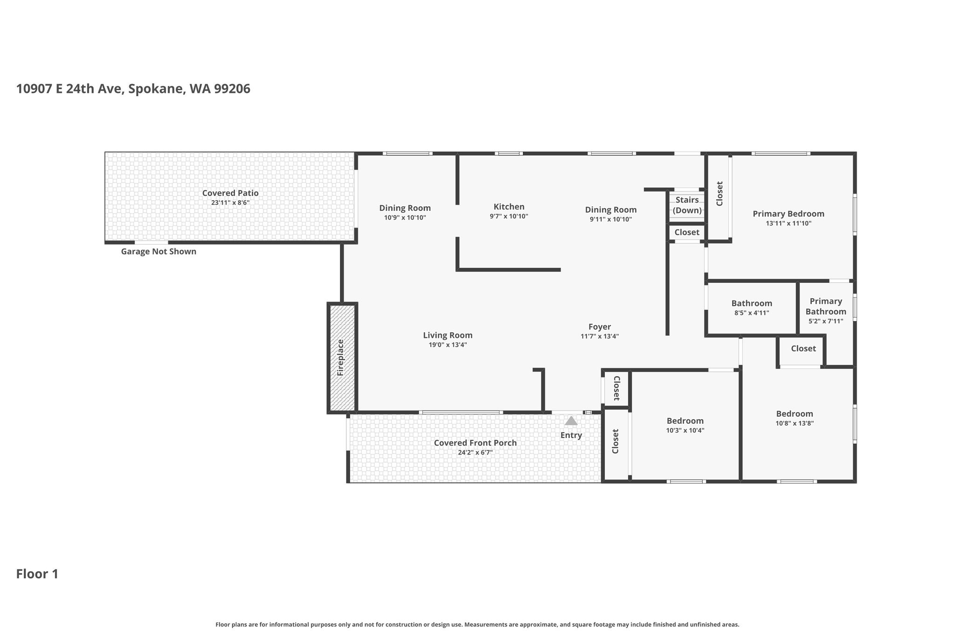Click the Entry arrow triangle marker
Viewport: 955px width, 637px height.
pos(571,420)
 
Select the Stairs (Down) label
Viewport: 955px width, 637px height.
pos(687,205)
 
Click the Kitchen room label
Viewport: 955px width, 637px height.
pos(509,207)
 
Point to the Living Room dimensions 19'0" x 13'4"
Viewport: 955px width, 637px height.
pos(448,345)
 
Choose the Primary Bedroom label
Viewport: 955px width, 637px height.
pos(789,214)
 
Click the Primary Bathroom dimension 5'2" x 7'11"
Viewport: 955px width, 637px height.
pos(826,321)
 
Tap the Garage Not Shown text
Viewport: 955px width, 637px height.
pos(159,252)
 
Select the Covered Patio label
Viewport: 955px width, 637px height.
pos(230,193)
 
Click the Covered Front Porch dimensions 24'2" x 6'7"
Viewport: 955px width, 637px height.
pos(475,452)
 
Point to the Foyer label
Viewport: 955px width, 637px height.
pos(600,327)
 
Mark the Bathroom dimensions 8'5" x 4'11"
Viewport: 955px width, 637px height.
pos(752,313)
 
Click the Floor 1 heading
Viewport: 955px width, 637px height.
pos(37,574)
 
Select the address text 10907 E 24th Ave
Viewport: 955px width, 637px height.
pos(70,89)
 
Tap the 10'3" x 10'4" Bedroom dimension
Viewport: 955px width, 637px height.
pos(685,430)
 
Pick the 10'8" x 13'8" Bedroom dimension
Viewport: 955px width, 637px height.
pos(795,423)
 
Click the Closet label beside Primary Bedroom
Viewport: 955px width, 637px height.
pos(720,193)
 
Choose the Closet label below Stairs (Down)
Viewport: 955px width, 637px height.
pos(687,232)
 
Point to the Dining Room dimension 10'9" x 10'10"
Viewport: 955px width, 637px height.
pos(405,217)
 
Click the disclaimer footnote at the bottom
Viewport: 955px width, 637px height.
pos(477,624)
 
